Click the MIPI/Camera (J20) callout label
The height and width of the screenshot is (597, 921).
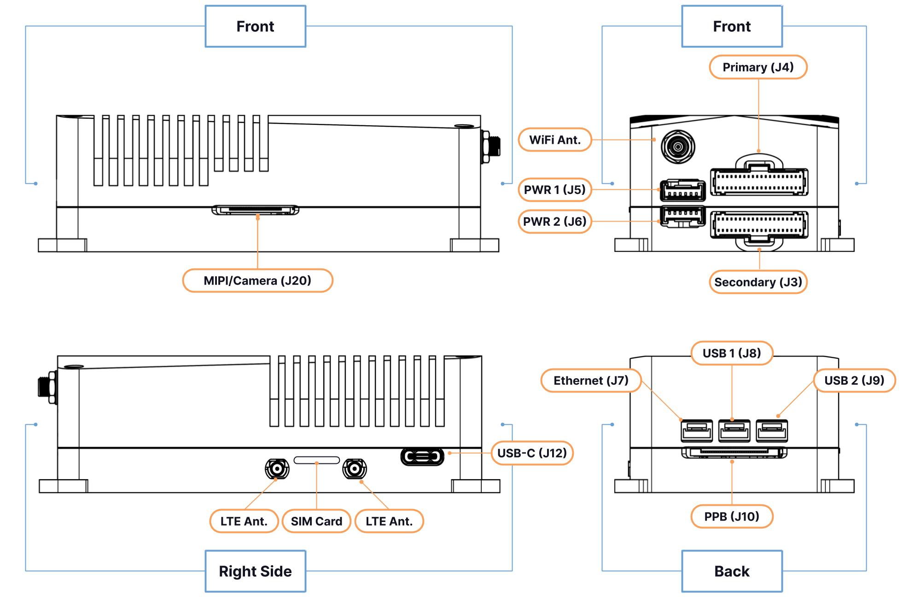click(257, 281)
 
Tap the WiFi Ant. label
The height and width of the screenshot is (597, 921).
click(555, 140)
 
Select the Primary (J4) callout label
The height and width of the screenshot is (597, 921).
click(758, 67)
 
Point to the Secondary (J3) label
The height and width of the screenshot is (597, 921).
click(758, 282)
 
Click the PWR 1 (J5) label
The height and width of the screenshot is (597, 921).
click(555, 190)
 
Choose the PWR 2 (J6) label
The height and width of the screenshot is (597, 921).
click(555, 222)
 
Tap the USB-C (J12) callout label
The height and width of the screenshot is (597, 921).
click(532, 453)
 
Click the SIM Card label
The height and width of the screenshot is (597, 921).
click(316, 521)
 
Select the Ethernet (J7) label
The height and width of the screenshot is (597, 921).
click(591, 380)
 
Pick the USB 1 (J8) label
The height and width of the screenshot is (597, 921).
click(732, 353)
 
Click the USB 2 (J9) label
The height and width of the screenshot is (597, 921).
click(854, 380)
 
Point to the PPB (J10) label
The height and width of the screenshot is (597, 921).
click(732, 516)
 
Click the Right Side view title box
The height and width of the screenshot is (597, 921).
click(256, 571)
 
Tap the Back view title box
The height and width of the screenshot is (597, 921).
click(732, 571)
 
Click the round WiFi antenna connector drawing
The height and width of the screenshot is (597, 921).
click(678, 147)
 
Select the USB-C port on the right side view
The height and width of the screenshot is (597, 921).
click(422, 457)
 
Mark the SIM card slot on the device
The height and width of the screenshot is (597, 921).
click(317, 460)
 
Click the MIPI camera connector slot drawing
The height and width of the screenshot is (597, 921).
click(255, 210)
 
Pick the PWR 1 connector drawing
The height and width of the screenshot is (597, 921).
click(683, 190)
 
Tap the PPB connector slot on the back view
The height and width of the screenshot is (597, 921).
click(734, 453)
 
